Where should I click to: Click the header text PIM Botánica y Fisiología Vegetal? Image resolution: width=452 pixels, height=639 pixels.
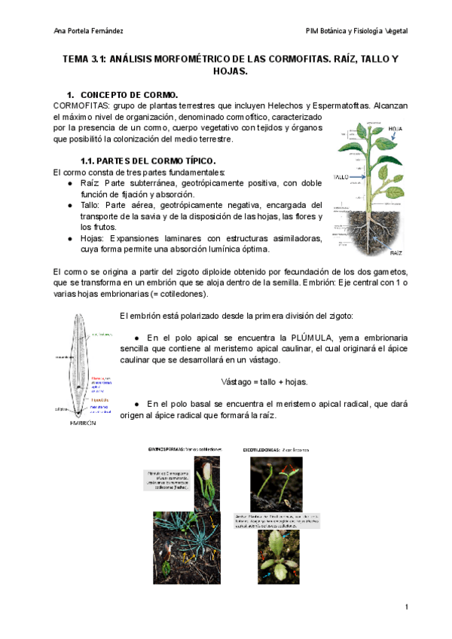click(356, 31)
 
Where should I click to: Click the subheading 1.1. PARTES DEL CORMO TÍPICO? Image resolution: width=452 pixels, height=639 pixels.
click(148, 161)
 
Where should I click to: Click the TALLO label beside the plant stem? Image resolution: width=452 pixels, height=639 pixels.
click(340, 179)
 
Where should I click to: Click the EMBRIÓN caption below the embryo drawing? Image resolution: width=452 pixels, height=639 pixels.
click(82, 423)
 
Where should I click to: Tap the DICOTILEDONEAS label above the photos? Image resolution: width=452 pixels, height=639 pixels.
click(265, 449)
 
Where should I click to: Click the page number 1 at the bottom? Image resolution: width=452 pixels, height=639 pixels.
click(406, 607)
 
